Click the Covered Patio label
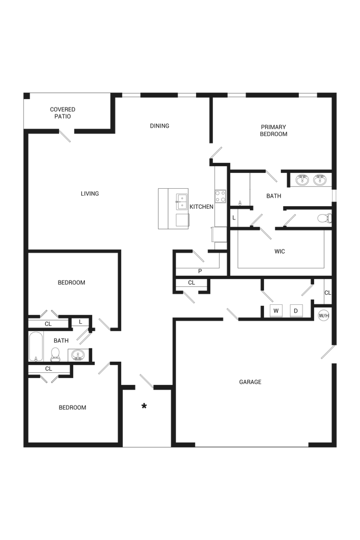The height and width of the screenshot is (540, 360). click(63, 113)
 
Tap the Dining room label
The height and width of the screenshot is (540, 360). click(160, 126)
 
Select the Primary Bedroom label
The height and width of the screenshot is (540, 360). click(274, 130)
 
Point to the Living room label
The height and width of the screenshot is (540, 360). click(90, 194)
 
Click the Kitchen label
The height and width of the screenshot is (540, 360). click(201, 207)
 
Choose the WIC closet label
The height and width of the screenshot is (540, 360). click(279, 252)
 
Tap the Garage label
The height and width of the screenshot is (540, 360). click(250, 382)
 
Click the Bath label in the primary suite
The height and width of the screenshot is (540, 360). click(274, 196)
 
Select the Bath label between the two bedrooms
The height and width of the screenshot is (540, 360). click(61, 341)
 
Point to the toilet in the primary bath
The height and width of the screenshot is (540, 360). click(324, 218)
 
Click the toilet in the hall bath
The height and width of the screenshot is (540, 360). click(55, 354)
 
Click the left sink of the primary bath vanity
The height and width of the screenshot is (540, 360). click(302, 179)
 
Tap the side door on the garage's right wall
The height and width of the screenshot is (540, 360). click(328, 353)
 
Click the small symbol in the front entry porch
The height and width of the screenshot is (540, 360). click(143, 406)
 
